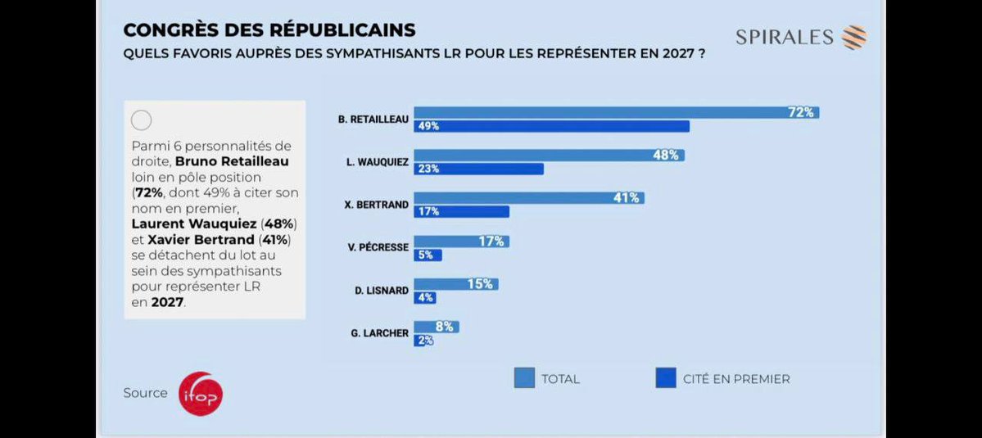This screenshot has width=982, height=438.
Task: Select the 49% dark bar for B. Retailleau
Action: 551,126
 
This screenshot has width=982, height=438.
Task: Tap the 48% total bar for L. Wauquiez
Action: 549,156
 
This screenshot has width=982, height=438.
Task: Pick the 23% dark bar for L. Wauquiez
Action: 478,169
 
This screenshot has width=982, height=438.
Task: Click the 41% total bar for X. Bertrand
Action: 528,198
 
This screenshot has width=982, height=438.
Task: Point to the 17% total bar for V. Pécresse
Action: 461,242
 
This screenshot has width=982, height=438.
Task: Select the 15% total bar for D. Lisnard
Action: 455,284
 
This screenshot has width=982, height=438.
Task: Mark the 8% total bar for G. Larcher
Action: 436,327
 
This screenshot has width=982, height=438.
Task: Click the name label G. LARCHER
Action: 379,334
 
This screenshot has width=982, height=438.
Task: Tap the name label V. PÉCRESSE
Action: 378,247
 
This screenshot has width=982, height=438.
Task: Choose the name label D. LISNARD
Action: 380,291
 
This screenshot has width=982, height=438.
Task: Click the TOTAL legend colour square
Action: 524,378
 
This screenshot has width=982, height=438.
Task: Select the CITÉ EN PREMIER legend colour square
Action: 666,378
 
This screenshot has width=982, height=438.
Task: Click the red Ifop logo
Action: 201,394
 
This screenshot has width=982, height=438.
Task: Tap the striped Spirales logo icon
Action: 854,38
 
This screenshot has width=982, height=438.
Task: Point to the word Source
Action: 145,393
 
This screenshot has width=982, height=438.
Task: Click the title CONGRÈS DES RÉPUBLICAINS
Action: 269,30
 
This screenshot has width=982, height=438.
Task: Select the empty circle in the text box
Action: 142,120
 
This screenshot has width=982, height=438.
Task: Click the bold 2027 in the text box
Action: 167,301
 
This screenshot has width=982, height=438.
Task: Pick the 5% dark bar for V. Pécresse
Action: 428,255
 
